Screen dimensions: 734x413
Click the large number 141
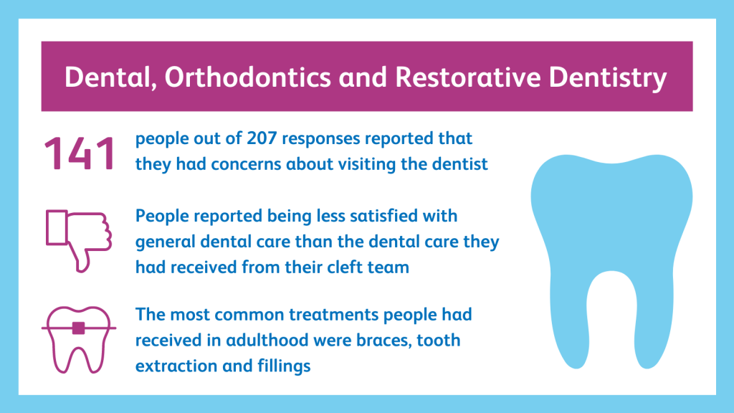[79, 153]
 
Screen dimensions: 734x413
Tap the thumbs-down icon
[78, 241]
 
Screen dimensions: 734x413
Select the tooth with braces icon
[79, 339]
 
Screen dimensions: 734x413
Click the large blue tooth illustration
[611, 261]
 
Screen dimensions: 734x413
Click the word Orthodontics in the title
[247, 77]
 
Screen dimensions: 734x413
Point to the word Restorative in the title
[468, 77]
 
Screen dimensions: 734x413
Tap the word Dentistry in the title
[608, 78]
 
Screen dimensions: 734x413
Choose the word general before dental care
[166, 242]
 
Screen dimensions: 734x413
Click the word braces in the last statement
[383, 340]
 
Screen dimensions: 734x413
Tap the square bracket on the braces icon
[79, 328]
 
